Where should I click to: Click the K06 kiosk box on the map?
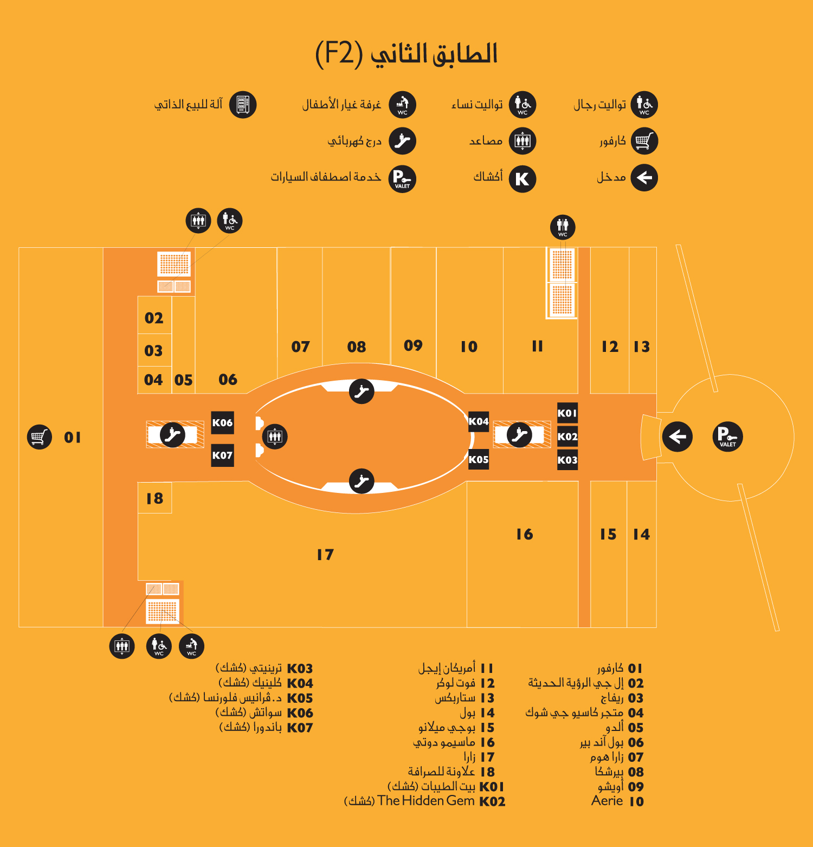tap(222, 423)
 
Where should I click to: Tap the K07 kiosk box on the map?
tap(222, 455)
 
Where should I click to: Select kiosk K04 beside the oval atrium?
tap(479, 421)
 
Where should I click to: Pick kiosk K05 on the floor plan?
tap(479, 459)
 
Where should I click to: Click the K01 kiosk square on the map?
tap(567, 413)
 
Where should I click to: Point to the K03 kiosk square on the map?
tap(567, 460)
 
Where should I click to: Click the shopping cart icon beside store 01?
tap(40, 437)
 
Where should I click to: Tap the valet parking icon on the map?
tap(727, 437)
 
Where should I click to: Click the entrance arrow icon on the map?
tap(677, 437)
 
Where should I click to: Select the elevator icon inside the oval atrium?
tap(275, 437)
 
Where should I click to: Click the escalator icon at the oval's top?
tap(362, 392)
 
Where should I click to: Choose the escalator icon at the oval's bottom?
tap(362, 481)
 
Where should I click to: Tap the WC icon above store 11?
tap(563, 227)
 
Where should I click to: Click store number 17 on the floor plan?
tap(325, 555)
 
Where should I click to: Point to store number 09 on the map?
tap(413, 345)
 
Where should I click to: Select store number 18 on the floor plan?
tap(154, 498)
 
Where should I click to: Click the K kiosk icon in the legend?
tap(522, 179)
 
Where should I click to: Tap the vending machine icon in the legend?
tap(243, 105)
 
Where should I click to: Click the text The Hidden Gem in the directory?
tap(426, 801)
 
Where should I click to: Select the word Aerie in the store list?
tap(607, 801)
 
